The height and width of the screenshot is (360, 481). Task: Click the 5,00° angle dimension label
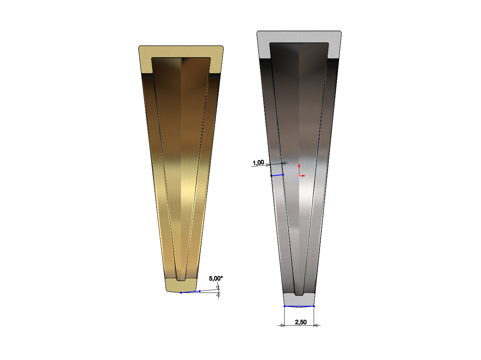(x=216, y=278)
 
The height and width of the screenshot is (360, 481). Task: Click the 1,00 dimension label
(x=258, y=163)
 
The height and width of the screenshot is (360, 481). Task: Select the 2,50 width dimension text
(x=301, y=322)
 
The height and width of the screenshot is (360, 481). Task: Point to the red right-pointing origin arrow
(x=302, y=176)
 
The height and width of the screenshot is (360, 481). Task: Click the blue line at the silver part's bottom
(x=299, y=306)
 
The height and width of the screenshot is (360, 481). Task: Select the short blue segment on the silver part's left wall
(x=277, y=175)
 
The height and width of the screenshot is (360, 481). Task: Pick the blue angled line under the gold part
(x=190, y=292)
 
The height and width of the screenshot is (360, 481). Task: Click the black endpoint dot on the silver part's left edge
(x=271, y=176)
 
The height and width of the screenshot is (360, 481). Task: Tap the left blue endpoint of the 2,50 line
(x=285, y=306)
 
